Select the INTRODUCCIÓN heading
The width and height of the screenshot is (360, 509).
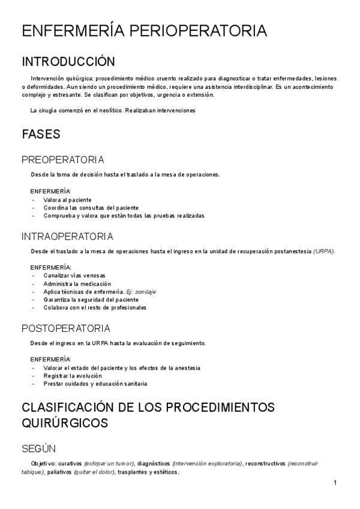(x=68, y=62)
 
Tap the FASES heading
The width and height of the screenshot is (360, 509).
(x=41, y=134)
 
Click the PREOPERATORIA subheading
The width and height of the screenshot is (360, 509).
(x=63, y=160)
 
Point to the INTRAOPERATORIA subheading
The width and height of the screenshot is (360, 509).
(x=67, y=236)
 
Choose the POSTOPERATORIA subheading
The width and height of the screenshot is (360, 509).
(x=66, y=328)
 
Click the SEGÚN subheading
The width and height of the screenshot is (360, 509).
(x=39, y=448)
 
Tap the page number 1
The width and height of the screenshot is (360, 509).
(x=335, y=483)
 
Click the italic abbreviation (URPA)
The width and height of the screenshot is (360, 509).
(x=324, y=251)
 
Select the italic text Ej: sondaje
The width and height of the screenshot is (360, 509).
(x=141, y=292)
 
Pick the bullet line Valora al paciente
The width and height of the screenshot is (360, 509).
(x=67, y=199)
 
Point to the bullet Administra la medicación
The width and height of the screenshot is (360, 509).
(x=77, y=283)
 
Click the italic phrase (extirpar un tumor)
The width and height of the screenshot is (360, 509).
(x=109, y=463)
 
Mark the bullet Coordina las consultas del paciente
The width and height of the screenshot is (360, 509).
(x=91, y=207)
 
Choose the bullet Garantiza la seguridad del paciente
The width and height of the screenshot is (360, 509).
(x=91, y=300)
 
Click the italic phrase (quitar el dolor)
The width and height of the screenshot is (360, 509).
(x=95, y=472)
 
